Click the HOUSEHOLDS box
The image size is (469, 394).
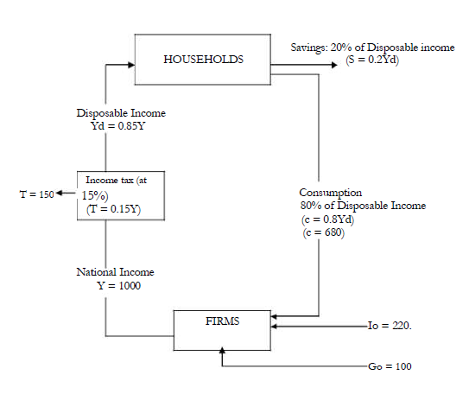(203, 60)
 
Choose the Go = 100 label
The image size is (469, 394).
(390, 366)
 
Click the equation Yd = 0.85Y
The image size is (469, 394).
(108, 125)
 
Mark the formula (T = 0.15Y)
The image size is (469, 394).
(113, 208)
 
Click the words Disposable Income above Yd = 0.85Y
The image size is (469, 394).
(109, 113)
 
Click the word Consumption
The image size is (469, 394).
(331, 192)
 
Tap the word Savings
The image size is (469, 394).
(309, 46)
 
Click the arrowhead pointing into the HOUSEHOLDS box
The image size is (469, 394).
(132, 63)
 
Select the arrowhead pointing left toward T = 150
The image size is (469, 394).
(61, 193)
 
